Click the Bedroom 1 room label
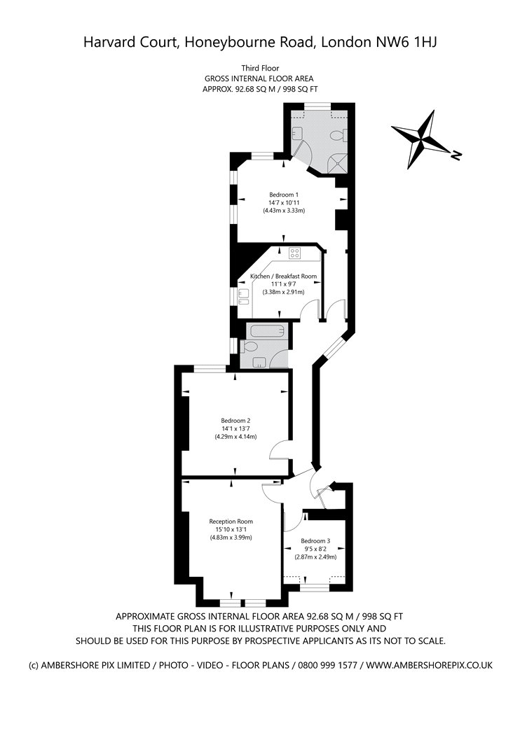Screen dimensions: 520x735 coord(283,195)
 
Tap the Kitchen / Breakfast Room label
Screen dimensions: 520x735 coord(283,276)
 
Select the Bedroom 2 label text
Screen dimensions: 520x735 coord(235,421)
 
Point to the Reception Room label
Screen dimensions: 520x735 coord(231,521)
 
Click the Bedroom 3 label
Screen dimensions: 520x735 coord(315,541)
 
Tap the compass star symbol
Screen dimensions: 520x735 coord(420,139)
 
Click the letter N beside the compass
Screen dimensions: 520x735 coord(456,155)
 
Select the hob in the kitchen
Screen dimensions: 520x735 coord(295,253)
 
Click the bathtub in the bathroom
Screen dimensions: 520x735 coord(267,331)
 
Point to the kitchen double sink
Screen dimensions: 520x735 coord(243,297)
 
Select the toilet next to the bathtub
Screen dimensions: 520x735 coord(249,347)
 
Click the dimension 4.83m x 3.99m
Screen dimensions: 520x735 coord(231,537)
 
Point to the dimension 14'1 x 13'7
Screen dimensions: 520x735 coord(235,428)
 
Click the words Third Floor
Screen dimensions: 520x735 coord(260,69)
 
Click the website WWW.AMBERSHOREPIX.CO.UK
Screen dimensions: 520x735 coord(429,665)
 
